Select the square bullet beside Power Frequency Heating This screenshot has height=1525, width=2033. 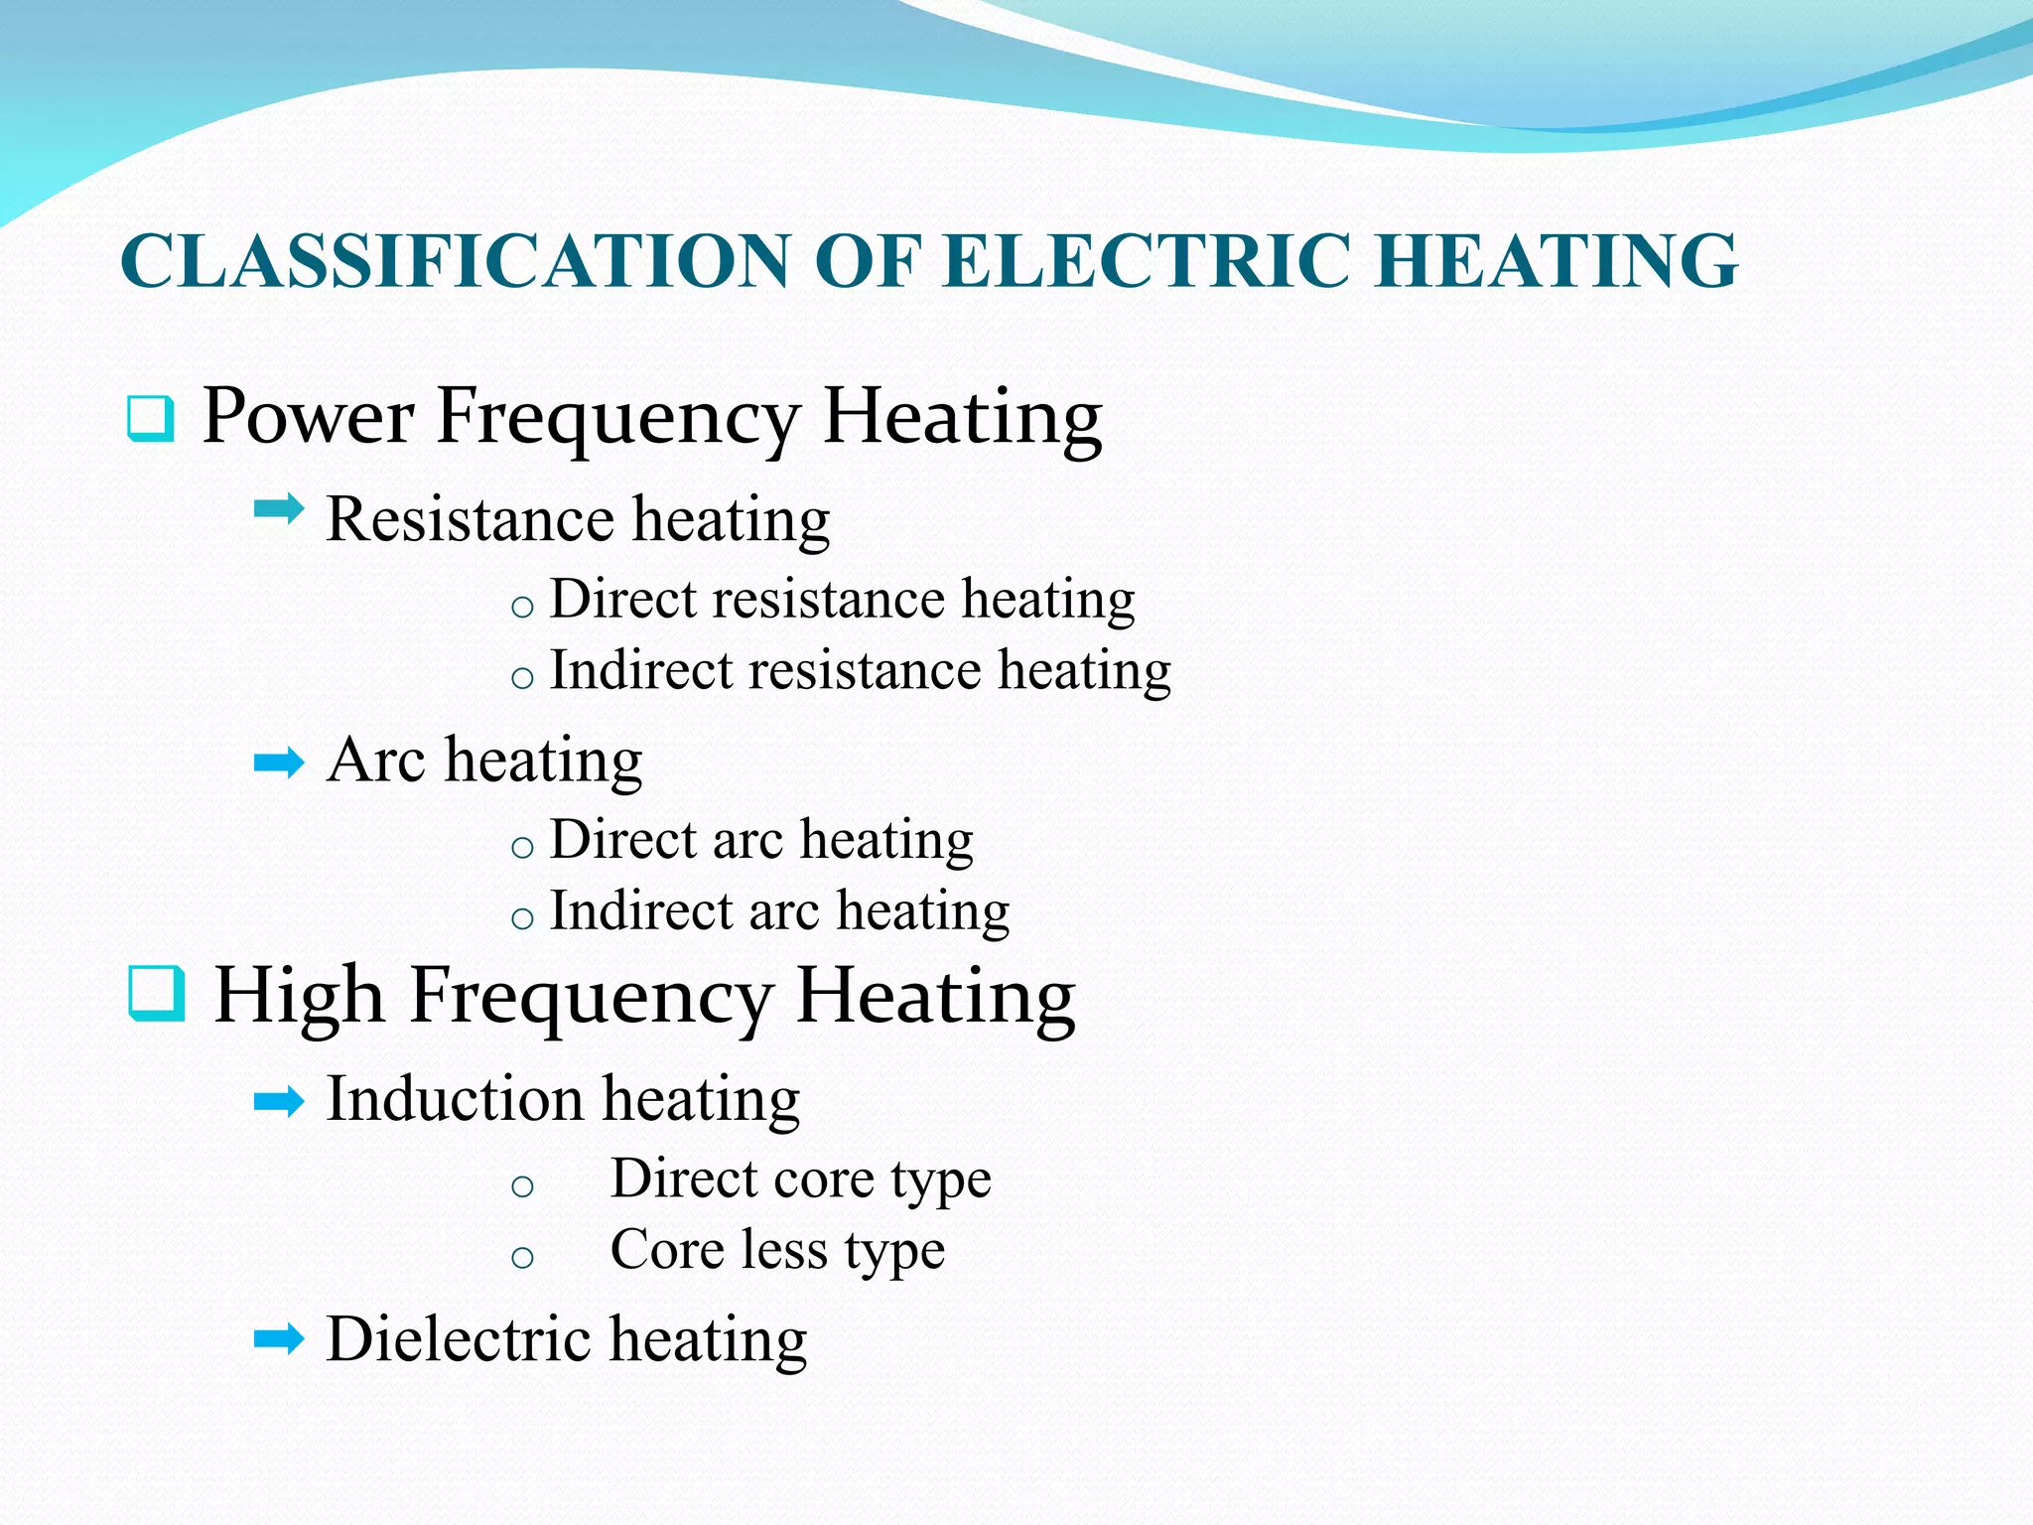pyautogui.click(x=151, y=418)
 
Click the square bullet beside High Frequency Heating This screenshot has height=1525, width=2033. pyautogui.click(x=157, y=994)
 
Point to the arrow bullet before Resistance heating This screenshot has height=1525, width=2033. pyautogui.click(x=279, y=510)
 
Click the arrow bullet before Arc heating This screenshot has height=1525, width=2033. pyautogui.click(x=279, y=763)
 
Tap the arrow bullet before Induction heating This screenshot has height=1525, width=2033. pyautogui.click(x=279, y=1101)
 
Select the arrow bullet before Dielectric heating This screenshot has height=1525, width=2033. pyautogui.click(x=279, y=1339)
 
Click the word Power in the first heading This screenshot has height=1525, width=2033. pyautogui.click(x=308, y=416)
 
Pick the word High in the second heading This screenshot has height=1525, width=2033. pyautogui.click(x=299, y=995)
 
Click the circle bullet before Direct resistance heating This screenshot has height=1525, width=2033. pyautogui.click(x=522, y=607)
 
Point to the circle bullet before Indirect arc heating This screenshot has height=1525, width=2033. pyautogui.click(x=522, y=918)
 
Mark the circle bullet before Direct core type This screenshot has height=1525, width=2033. pyautogui.click(x=522, y=1185)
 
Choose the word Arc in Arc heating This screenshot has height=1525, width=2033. pyautogui.click(x=376, y=761)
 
